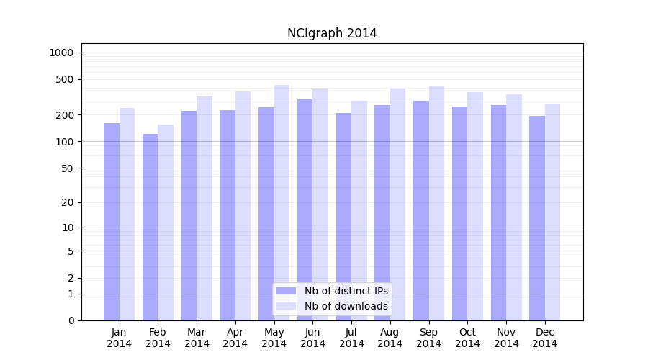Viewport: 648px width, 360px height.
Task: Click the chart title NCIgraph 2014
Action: click(x=332, y=33)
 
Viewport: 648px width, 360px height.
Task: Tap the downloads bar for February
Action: click(x=166, y=222)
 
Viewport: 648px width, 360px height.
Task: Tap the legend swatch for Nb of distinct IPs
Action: click(x=286, y=291)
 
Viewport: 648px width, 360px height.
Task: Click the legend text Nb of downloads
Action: click(x=346, y=306)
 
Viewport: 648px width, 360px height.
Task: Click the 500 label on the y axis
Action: click(x=65, y=79)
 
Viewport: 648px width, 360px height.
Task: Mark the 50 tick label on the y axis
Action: click(x=67, y=168)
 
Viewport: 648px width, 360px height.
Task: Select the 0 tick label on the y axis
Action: click(x=71, y=320)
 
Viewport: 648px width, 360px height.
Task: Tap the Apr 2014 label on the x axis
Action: click(x=235, y=338)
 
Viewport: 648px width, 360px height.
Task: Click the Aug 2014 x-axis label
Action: click(x=390, y=338)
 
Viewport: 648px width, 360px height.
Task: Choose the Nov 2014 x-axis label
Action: click(x=506, y=338)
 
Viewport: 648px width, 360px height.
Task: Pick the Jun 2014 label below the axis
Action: click(x=312, y=338)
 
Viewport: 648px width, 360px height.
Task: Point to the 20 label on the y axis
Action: click(x=67, y=202)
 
